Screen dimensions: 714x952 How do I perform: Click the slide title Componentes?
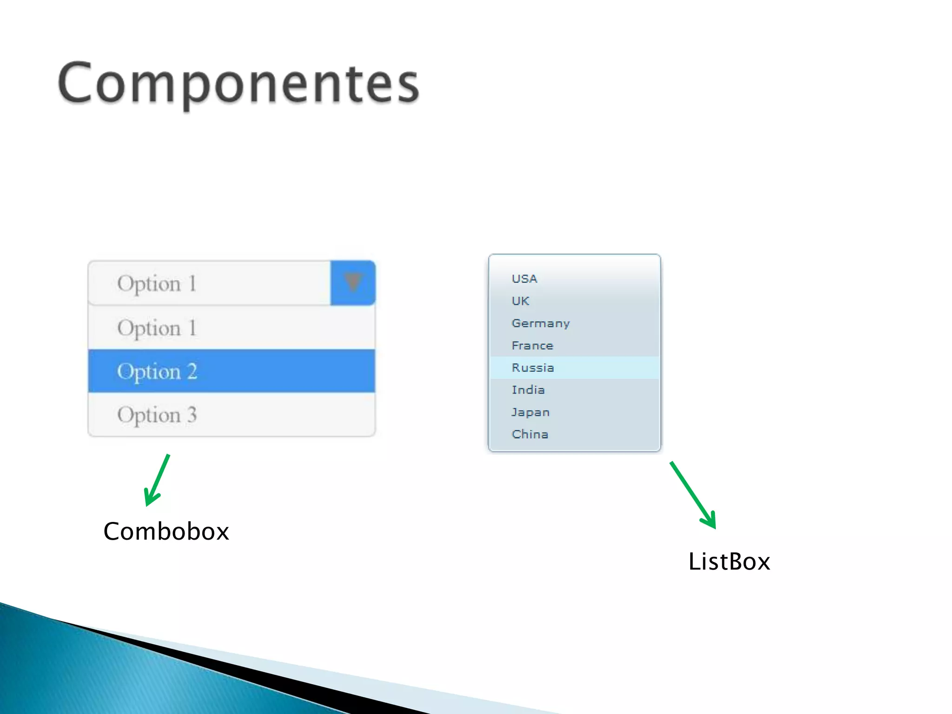click(238, 84)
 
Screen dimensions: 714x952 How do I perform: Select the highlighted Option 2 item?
click(231, 371)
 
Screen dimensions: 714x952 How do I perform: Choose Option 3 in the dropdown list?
click(231, 415)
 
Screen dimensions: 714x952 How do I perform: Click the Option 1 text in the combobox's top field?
click(157, 284)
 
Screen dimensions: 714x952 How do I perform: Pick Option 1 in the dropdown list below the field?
click(231, 328)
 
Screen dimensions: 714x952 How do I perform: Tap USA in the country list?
click(524, 279)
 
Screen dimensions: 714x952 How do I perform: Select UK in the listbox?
click(520, 301)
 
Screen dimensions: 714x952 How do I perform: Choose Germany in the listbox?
click(541, 324)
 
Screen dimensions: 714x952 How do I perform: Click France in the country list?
click(532, 346)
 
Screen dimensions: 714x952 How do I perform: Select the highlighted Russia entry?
click(533, 368)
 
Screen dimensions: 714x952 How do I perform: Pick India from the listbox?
click(528, 390)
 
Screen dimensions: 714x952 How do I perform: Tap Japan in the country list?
click(530, 412)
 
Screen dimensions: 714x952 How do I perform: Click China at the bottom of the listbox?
click(530, 434)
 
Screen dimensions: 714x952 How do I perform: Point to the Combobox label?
click(166, 531)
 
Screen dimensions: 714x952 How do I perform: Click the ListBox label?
click(729, 562)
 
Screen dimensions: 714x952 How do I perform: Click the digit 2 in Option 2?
click(192, 371)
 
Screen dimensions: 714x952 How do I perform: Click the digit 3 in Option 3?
click(192, 415)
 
